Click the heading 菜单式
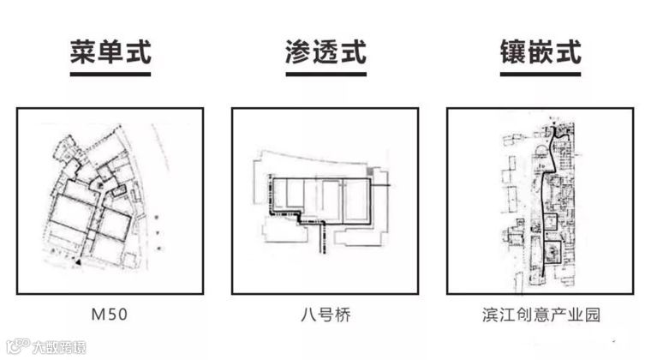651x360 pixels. click(110, 52)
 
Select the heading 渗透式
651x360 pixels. click(325, 52)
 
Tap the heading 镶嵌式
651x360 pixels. click(540, 52)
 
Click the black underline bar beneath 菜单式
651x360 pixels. click(110, 75)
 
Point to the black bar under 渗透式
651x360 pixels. click(325, 75)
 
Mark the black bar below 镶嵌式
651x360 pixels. click(540, 75)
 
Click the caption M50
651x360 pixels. click(110, 315)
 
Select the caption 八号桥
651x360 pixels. click(325, 315)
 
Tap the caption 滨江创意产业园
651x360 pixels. click(541, 315)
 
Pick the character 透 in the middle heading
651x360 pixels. click(325, 52)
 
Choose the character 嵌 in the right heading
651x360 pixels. click(540, 52)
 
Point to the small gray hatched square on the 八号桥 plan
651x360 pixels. click(370, 172)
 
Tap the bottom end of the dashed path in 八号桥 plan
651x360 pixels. click(323, 252)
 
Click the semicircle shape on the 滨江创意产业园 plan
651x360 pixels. click(540, 153)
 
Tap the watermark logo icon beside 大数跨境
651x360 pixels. click(15, 348)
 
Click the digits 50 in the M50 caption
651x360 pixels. click(117, 315)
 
